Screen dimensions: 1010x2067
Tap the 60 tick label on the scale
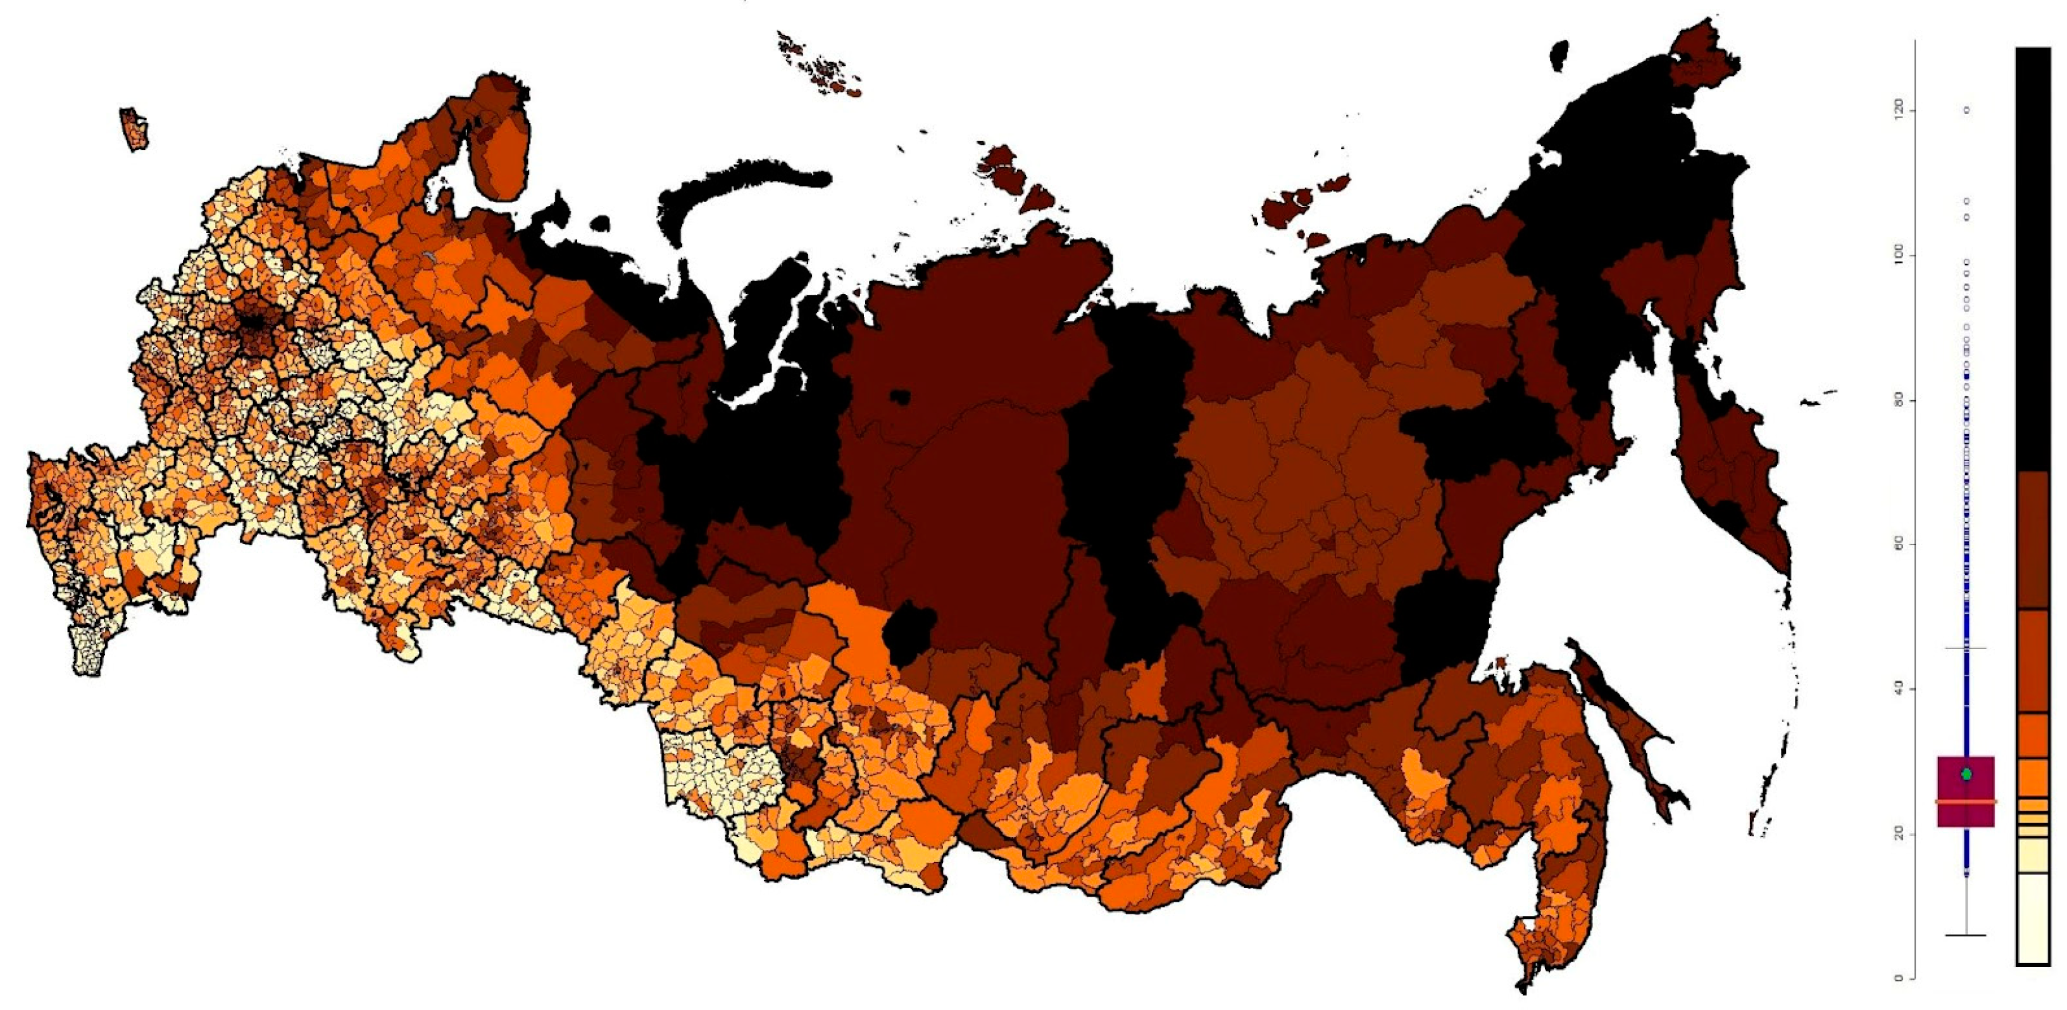(x=1899, y=545)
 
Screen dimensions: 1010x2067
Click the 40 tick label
(x=1899, y=689)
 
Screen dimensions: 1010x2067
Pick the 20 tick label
(x=1899, y=834)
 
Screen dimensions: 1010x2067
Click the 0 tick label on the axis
(x=1899, y=977)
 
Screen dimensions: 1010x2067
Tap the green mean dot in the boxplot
(x=1966, y=774)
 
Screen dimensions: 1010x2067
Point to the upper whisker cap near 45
(x=1966, y=648)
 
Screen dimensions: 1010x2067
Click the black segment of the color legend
(x=2032, y=257)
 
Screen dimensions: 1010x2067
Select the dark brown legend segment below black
(x=2032, y=550)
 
